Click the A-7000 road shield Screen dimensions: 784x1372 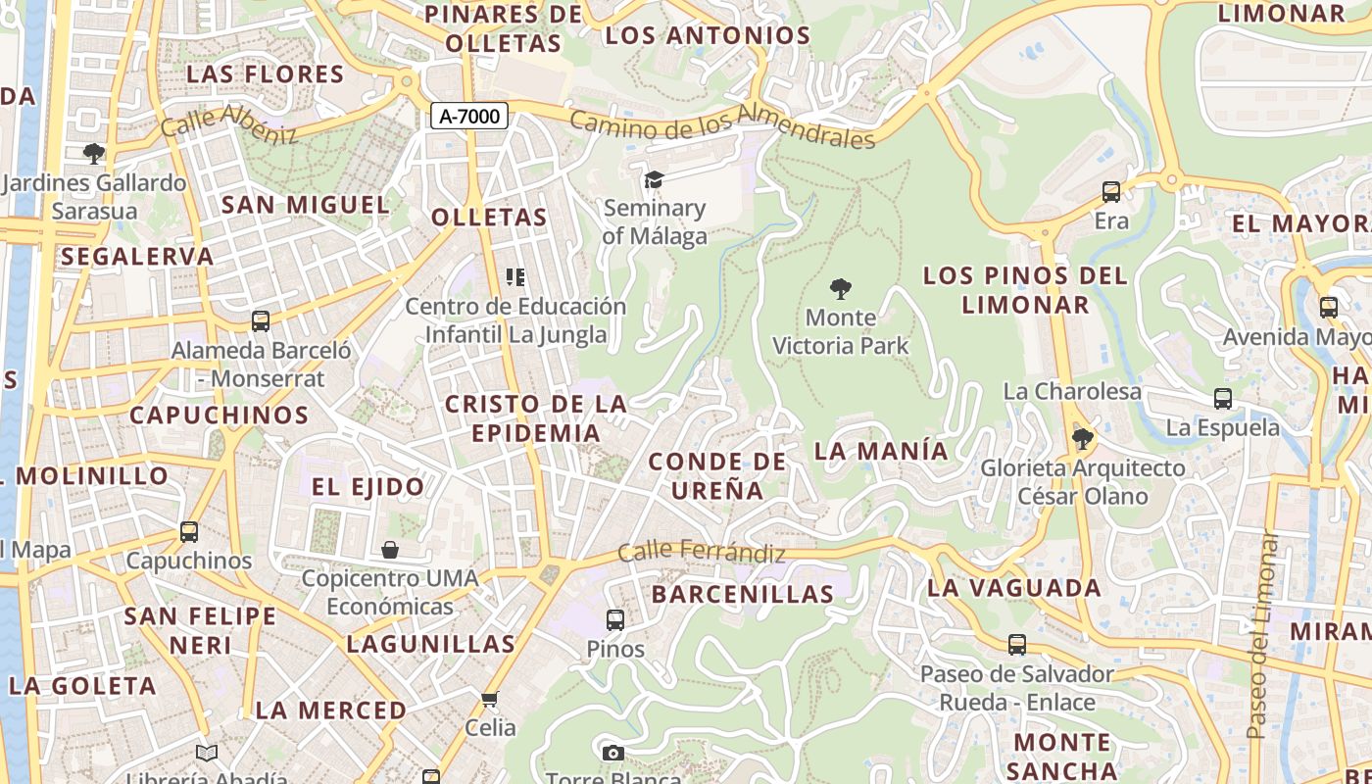click(x=468, y=116)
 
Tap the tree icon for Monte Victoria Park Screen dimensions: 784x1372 click(x=840, y=289)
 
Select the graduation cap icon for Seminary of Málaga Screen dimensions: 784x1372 click(x=654, y=179)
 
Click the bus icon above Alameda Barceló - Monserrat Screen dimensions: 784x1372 click(x=261, y=320)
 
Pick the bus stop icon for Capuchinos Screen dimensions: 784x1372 click(x=189, y=532)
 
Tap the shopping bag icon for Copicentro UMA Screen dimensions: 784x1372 click(x=390, y=549)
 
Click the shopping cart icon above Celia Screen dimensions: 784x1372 click(x=490, y=699)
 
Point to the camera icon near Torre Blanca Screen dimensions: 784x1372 click(x=613, y=753)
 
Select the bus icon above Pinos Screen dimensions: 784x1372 click(x=615, y=619)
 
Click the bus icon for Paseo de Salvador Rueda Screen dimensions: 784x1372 click(x=1017, y=645)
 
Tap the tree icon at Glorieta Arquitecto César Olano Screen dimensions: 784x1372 click(x=1082, y=438)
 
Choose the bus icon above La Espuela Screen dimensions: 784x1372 click(x=1223, y=399)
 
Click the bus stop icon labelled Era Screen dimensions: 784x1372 click(x=1111, y=192)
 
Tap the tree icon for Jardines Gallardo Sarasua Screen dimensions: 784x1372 click(x=94, y=153)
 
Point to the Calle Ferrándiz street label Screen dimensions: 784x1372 click(x=702, y=553)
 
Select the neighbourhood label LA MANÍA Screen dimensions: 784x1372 click(x=881, y=451)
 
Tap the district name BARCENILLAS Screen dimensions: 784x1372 click(x=742, y=594)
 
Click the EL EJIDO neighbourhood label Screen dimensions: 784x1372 click(x=367, y=486)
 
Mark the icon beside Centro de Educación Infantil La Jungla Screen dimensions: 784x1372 click(x=515, y=277)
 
